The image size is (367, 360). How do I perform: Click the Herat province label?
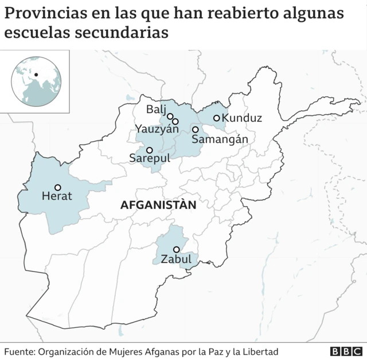pos(57,196)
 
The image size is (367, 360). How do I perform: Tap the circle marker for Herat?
pos(57,187)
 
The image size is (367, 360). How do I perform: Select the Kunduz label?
pos(241,118)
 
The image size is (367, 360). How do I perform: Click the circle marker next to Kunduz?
pos(216,118)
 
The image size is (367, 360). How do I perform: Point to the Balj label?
pos(155,109)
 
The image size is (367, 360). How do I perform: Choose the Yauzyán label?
pos(157,129)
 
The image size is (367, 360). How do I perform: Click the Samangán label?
pos(220,139)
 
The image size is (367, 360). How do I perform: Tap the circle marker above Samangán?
pos(195,129)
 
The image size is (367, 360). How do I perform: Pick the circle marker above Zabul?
pos(176,249)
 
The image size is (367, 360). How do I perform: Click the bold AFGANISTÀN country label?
pos(158,205)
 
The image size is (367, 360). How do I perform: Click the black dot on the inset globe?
pos(36,74)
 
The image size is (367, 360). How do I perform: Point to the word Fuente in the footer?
pos(19,351)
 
